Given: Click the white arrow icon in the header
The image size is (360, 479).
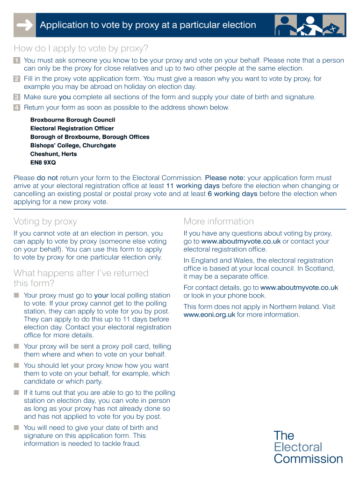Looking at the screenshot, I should [x=24, y=25].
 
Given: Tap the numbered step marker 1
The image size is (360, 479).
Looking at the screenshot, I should [x=17, y=61].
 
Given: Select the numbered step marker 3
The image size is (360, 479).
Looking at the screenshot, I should [x=17, y=97].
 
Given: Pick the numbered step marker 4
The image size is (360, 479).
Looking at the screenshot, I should [x=17, y=108].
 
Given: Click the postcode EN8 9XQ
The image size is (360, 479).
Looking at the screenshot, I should [x=43, y=162].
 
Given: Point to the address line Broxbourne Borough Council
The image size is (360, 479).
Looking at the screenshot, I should [x=72, y=120].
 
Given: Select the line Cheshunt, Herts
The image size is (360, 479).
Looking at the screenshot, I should [x=53, y=154].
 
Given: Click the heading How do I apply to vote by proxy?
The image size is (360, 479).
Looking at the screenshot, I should [x=81, y=48].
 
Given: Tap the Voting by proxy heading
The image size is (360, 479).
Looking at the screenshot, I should [x=45, y=221].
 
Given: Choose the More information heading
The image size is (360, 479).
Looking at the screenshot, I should [x=218, y=221].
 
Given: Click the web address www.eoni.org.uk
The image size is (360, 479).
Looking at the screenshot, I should [x=209, y=315].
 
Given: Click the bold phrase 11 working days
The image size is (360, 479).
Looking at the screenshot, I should [x=193, y=186].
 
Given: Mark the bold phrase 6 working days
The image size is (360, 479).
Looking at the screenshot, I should [x=232, y=194].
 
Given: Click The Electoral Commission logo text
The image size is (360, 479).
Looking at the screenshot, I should [x=308, y=447].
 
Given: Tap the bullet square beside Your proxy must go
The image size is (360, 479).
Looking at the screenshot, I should [x=16, y=295].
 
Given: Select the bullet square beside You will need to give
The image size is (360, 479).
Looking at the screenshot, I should [x=16, y=428].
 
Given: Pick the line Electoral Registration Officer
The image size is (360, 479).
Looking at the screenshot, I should [x=72, y=128].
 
